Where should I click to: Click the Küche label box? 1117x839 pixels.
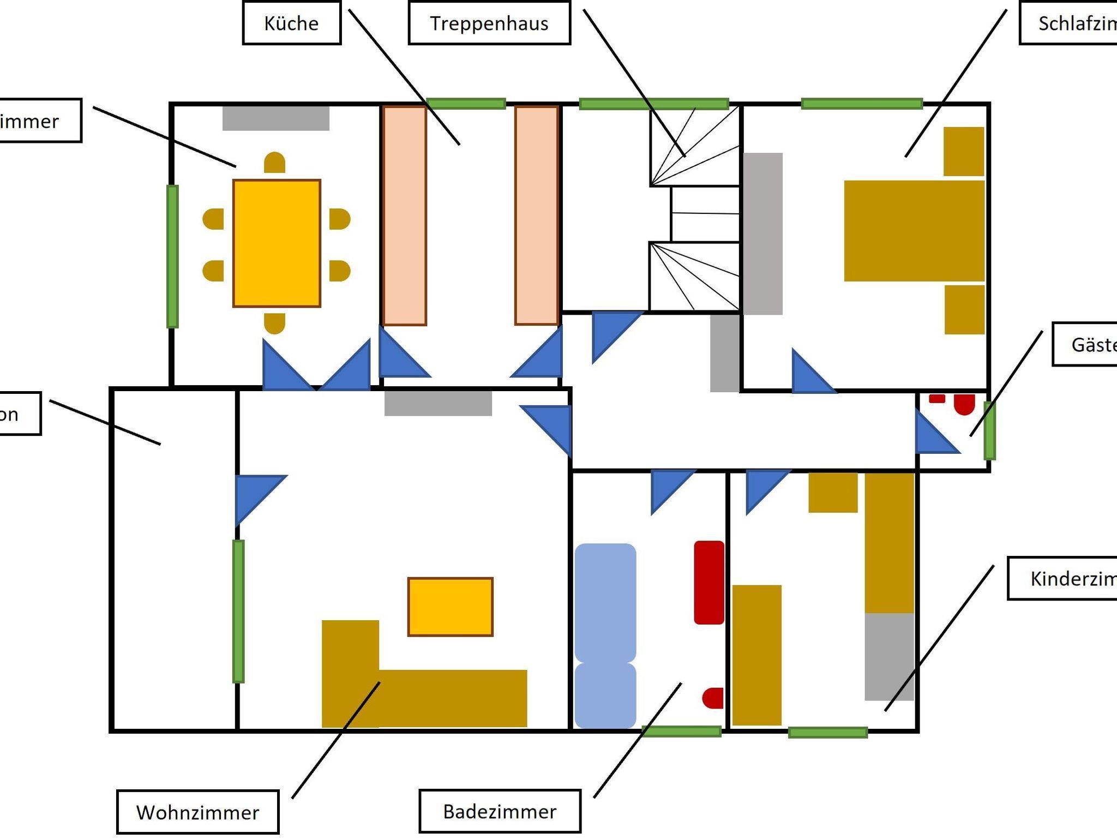pos(291,23)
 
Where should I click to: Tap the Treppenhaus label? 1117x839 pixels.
pos(489,23)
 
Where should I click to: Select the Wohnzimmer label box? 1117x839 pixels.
pos(197,812)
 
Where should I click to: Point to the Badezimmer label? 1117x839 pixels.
pos(500,811)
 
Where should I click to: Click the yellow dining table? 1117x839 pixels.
pos(277,243)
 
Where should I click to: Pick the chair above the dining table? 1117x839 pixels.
pos(274,163)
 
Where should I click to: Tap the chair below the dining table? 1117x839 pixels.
pos(274,323)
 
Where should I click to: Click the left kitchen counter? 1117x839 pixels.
pos(404,215)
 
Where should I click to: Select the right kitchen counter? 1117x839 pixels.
pos(537,215)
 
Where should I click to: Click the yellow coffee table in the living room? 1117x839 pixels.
pos(450,607)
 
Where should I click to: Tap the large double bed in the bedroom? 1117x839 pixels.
pos(914,231)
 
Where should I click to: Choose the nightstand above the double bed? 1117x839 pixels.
pos(964,151)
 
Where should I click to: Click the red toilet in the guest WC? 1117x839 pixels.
pos(964,404)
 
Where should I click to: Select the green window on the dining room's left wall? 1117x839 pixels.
pos(172,256)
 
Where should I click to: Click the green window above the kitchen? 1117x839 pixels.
pos(465,103)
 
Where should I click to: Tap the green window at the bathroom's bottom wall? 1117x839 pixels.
pos(681,732)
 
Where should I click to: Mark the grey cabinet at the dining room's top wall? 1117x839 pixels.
pos(275,118)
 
